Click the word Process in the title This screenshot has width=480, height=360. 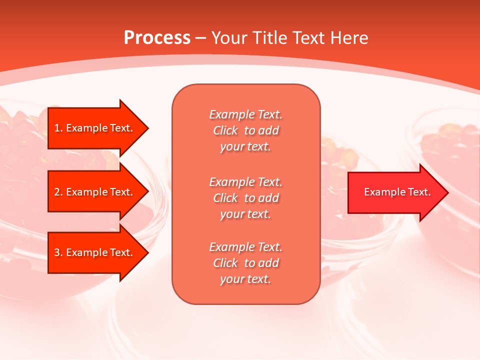tap(157, 38)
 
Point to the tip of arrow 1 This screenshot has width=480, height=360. tap(147, 128)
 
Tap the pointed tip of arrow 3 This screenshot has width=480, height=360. tap(147, 252)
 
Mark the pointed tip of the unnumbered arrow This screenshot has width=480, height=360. tap(447, 192)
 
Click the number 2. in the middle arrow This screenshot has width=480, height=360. tap(58, 192)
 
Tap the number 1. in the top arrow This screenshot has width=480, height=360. tap(58, 128)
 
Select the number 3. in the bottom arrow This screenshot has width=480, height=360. tap(58, 252)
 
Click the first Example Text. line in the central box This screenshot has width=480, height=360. tap(245, 114)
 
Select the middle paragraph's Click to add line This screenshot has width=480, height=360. tap(245, 198)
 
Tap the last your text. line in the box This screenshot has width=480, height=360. tap(245, 279)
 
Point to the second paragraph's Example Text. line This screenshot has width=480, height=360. tap(245, 181)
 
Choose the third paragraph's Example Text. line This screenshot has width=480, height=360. tap(245, 247)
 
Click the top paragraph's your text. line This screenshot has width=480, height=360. tap(245, 147)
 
